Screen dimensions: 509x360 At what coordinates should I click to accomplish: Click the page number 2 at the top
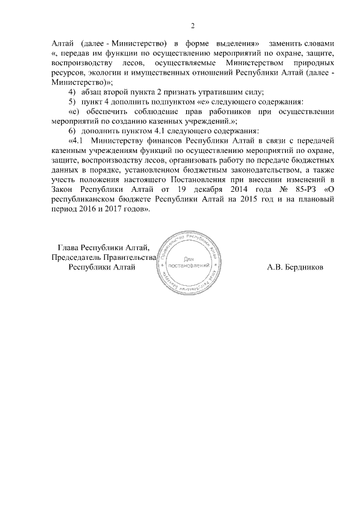point(193,25)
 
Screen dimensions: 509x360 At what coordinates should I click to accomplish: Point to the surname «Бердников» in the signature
point(303,267)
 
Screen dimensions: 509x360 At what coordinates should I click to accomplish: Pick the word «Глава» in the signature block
point(69,247)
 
